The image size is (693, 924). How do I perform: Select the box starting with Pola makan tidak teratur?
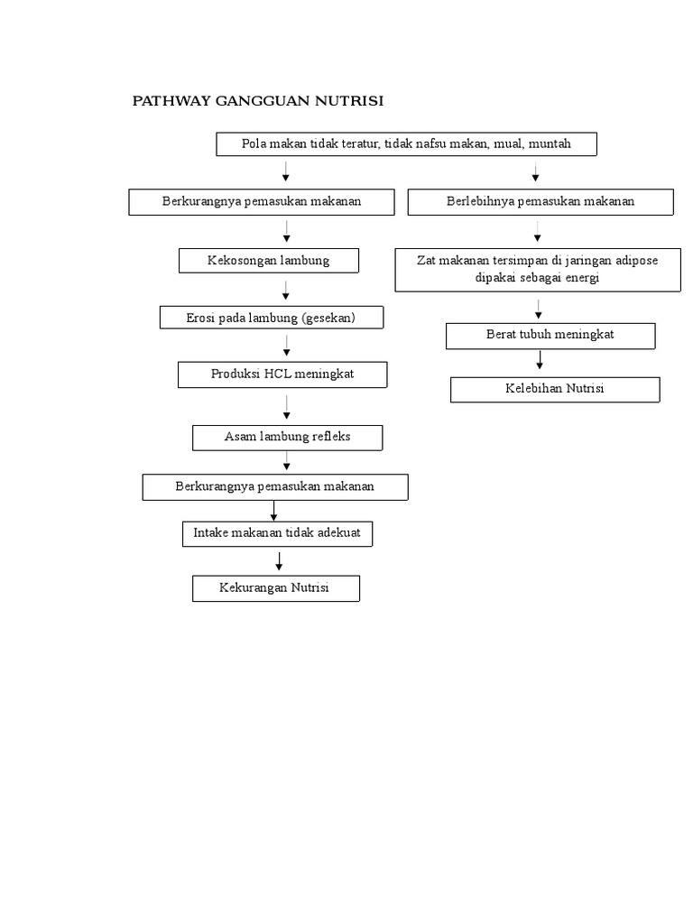[x=406, y=144]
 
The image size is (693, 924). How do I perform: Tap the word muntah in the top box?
[x=550, y=143]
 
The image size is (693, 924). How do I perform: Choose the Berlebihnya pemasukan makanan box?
[x=541, y=201]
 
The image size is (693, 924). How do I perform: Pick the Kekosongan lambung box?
[x=269, y=261]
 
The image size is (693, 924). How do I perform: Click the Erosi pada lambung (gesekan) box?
[x=272, y=318]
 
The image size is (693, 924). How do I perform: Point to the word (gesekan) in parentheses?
[x=329, y=318]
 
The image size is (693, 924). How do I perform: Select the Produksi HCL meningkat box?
[x=282, y=374]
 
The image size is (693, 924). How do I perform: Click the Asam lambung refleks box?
[x=287, y=438]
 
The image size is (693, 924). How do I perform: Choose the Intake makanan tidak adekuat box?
[x=277, y=533]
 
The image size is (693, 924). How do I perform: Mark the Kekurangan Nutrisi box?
[x=275, y=588]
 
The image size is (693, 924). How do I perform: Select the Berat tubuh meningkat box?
[x=550, y=335]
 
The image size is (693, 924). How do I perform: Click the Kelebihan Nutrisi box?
[x=555, y=389]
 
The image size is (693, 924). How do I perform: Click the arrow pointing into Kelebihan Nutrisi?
[x=540, y=360]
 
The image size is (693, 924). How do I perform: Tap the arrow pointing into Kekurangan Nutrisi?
[x=280, y=560]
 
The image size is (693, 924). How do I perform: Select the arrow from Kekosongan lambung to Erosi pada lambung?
[x=286, y=291]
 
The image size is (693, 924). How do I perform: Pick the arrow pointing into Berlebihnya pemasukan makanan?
[x=536, y=171]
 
